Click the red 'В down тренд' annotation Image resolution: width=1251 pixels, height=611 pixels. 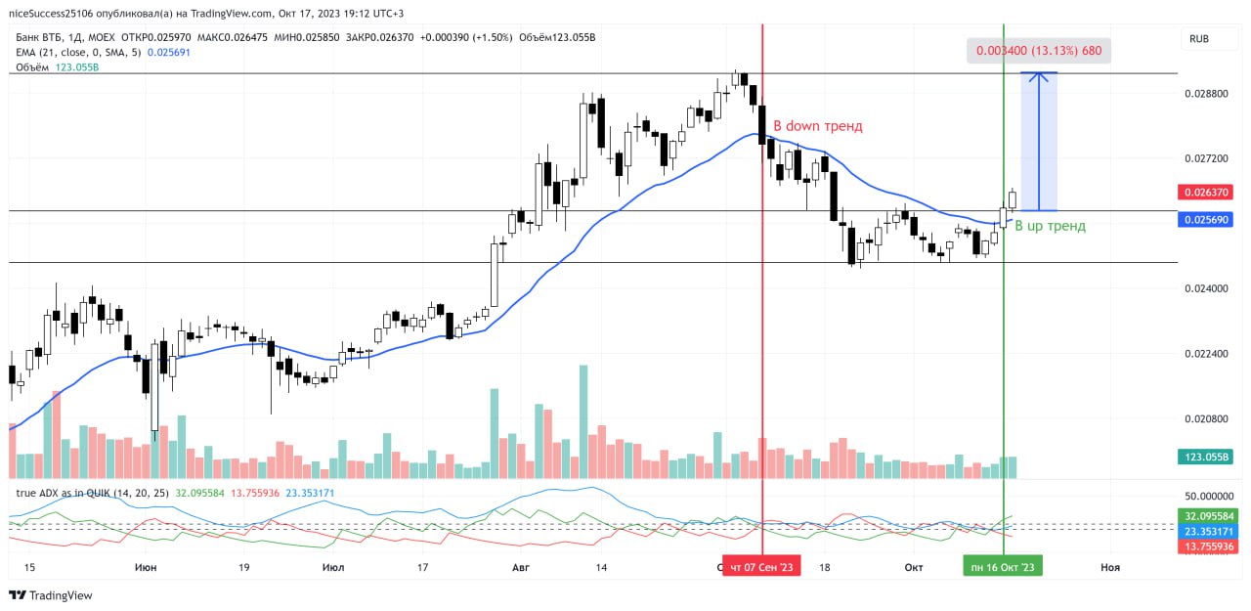(x=817, y=126)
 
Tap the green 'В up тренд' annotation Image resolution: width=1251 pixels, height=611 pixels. (x=1050, y=226)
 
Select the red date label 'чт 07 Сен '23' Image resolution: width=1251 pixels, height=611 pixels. (x=761, y=567)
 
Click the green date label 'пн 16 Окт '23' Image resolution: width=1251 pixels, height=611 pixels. (x=1003, y=567)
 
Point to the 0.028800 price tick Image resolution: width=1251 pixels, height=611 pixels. (x=1206, y=94)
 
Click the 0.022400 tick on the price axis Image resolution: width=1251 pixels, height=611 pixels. (x=1206, y=353)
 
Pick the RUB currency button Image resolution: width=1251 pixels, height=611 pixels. (x=1198, y=39)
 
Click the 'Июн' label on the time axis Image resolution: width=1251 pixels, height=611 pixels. (x=145, y=567)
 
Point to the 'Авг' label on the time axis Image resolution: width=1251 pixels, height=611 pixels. (x=519, y=567)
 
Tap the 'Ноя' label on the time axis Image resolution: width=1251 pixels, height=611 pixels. (x=1110, y=567)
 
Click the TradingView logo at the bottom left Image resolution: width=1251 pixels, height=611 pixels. (x=51, y=594)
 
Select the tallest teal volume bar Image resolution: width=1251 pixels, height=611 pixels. (x=583, y=421)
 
